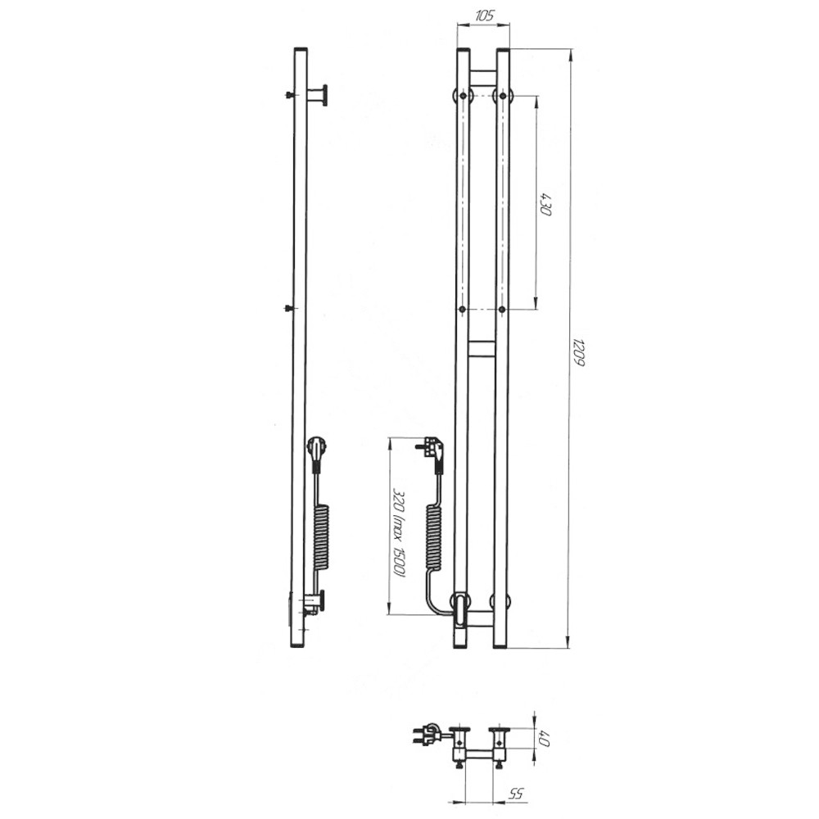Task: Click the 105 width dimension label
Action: point(484,15)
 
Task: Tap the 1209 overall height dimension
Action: point(579,352)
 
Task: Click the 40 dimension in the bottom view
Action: point(545,739)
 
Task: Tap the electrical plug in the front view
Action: point(432,450)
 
